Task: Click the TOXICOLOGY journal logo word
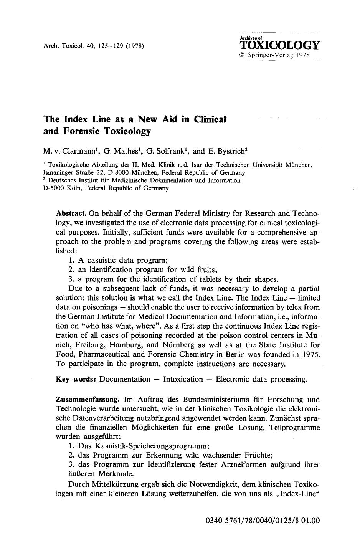279,46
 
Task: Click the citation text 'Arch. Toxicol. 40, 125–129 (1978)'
94,46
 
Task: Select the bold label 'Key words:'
76,380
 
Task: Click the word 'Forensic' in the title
81,131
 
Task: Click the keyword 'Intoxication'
183,380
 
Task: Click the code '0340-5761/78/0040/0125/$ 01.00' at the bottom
263,521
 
